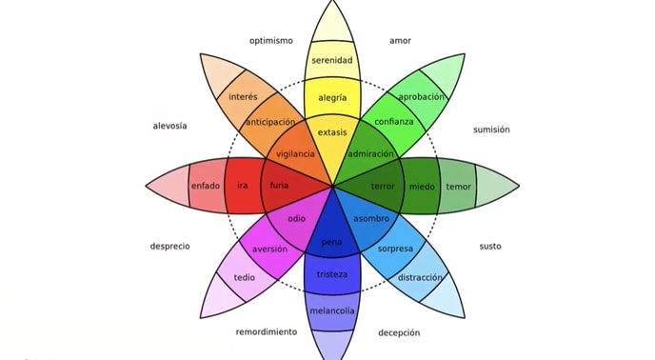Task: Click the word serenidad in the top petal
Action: pyautogui.click(x=332, y=61)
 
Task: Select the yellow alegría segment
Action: pyautogui.click(x=332, y=97)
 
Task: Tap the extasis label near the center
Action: pyautogui.click(x=332, y=132)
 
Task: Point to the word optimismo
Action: pyautogui.click(x=271, y=41)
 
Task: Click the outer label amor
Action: pyautogui.click(x=400, y=41)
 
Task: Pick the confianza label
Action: pyautogui.click(x=394, y=122)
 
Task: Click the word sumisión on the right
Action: pyautogui.click(x=491, y=130)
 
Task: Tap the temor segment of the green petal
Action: pyautogui.click(x=458, y=186)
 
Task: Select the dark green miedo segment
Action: pyautogui.click(x=422, y=186)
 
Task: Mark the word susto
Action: pyautogui.click(x=489, y=247)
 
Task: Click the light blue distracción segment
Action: pyautogui.click(x=420, y=277)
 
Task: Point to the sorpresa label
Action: pyautogui.click(x=395, y=249)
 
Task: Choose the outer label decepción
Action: pyautogui.click(x=399, y=332)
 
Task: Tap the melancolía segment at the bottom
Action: pyautogui.click(x=332, y=310)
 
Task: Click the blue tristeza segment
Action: pyautogui.click(x=332, y=274)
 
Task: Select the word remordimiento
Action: pyautogui.click(x=267, y=332)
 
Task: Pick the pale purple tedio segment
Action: pyautogui.click(x=244, y=278)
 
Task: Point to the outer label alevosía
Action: pyautogui.click(x=169, y=126)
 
